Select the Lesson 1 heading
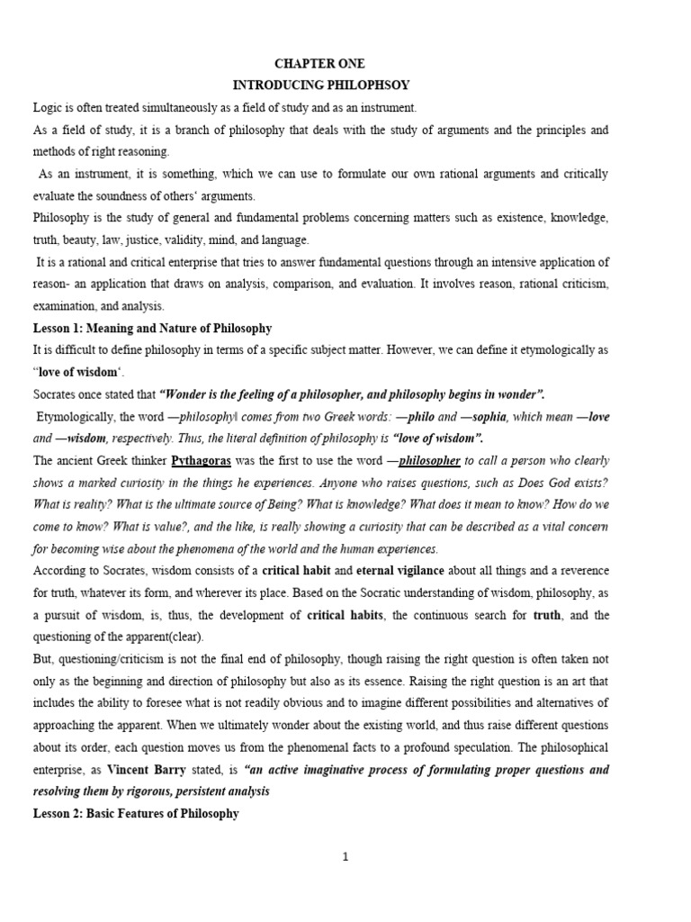[x=152, y=329]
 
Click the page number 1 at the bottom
[x=345, y=857]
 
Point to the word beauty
[x=84, y=240]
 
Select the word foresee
[x=194, y=703]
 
